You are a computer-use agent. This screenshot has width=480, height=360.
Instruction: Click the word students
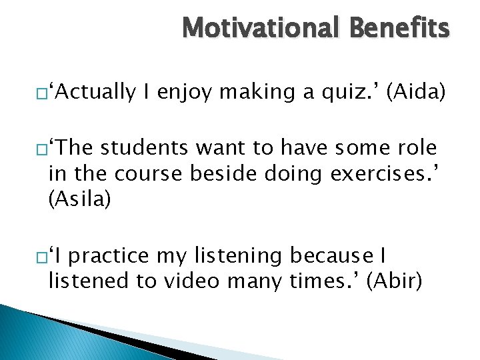coord(143,147)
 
